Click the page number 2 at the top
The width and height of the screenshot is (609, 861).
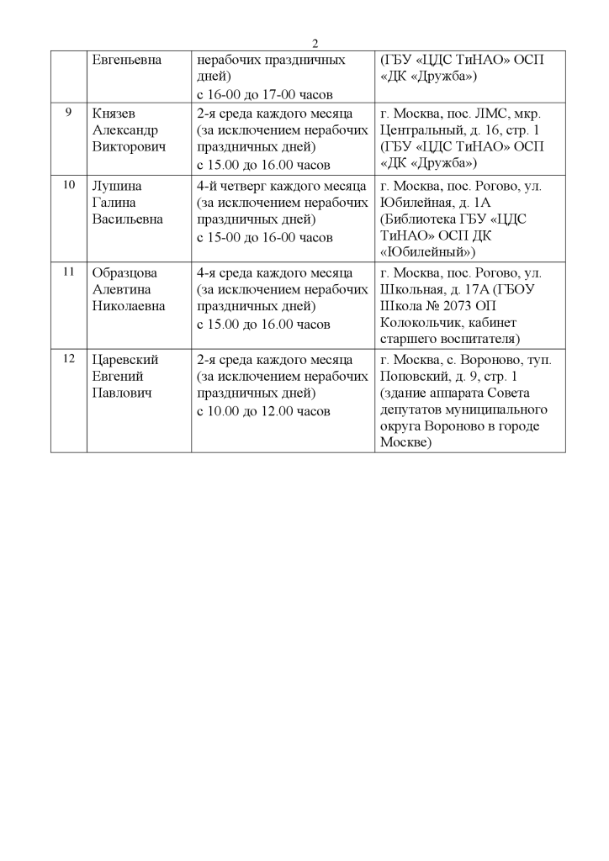point(315,44)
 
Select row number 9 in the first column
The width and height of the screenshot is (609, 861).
point(68,113)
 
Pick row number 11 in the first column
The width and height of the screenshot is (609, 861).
point(69,272)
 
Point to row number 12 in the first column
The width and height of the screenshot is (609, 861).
point(69,359)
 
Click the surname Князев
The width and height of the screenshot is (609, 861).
point(114,114)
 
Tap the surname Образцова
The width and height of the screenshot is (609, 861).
point(124,273)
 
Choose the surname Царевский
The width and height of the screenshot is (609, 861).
point(124,360)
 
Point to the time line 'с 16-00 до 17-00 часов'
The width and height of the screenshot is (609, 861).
point(265,94)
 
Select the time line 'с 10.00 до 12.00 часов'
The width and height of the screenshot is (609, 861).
point(263,411)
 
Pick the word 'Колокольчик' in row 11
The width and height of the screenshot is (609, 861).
point(421,324)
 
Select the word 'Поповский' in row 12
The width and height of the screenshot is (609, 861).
point(416,377)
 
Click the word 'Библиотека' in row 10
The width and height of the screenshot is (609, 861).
point(423,219)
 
